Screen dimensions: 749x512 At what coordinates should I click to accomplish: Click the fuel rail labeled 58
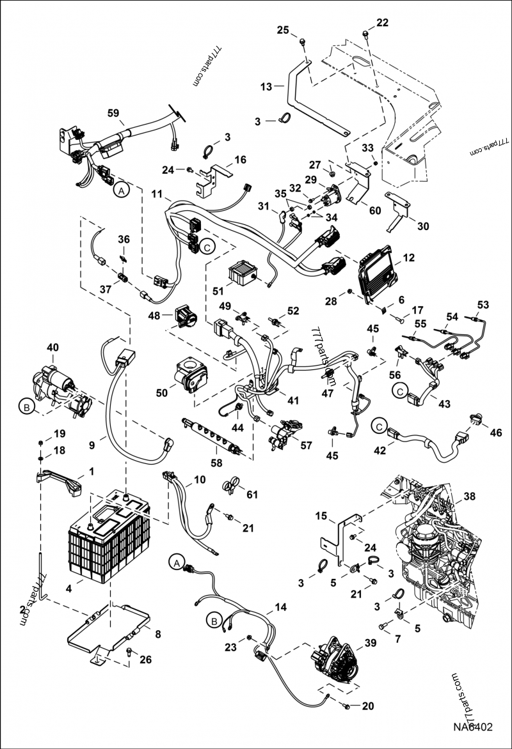point(211,435)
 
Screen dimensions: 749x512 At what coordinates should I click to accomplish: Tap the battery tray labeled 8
point(109,633)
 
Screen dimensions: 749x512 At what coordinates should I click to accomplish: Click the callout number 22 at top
point(382,23)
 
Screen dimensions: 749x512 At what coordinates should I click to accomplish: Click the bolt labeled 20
point(346,706)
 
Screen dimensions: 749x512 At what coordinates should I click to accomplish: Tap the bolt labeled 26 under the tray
point(129,653)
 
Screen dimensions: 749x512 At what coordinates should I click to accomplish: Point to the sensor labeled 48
point(186,316)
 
